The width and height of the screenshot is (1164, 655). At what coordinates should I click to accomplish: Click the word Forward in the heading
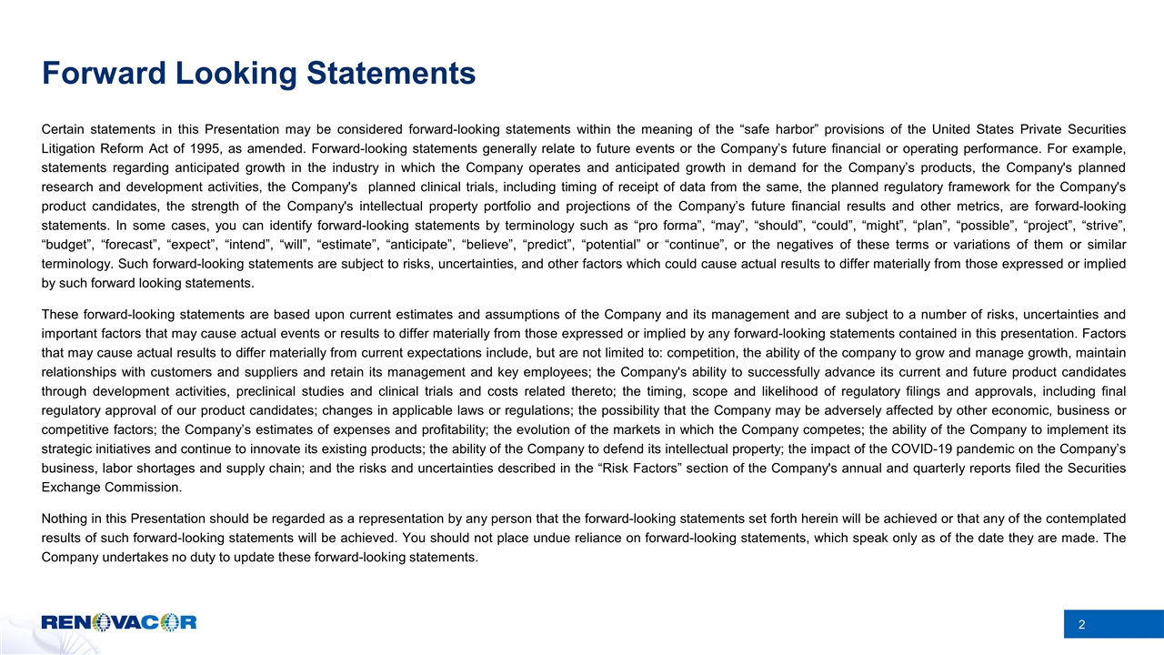(x=97, y=73)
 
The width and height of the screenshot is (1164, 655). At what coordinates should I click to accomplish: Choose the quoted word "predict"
(x=557, y=245)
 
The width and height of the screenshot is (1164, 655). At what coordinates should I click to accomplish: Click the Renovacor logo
(x=118, y=623)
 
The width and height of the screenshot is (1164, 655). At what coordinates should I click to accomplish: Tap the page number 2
(x=1082, y=625)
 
